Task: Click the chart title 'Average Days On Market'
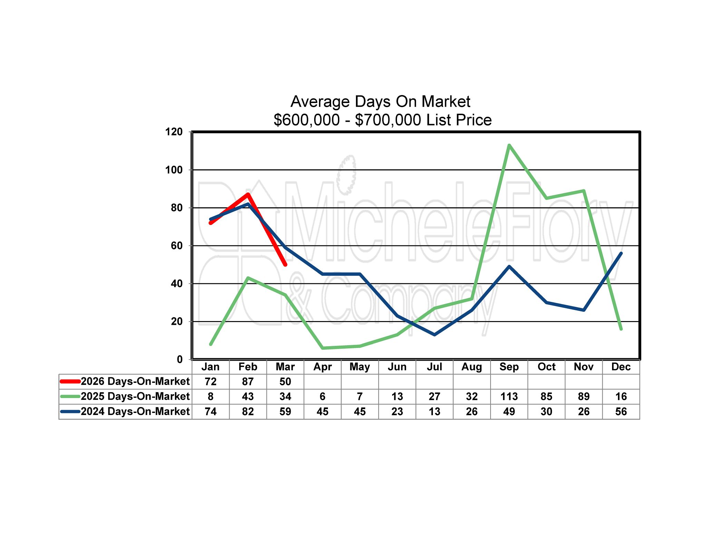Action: click(x=380, y=102)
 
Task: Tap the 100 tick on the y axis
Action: click(x=174, y=170)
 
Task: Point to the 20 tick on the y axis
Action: click(x=176, y=321)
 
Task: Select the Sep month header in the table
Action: click(x=509, y=367)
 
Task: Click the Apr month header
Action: click(x=322, y=367)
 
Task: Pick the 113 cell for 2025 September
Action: click(x=509, y=396)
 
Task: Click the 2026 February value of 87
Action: click(x=248, y=381)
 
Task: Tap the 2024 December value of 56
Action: click(x=621, y=412)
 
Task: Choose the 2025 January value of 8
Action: click(x=211, y=396)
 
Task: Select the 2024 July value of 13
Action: click(x=434, y=412)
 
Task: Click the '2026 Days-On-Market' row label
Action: click(x=135, y=381)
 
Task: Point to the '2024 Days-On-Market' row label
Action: click(x=135, y=412)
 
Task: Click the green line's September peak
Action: click(x=509, y=145)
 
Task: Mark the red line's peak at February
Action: click(x=248, y=194)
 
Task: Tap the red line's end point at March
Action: click(x=285, y=265)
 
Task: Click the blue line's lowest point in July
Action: click(x=434, y=334)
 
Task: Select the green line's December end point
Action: click(x=621, y=329)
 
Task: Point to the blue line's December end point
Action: click(x=621, y=253)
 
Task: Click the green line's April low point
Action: click(x=323, y=348)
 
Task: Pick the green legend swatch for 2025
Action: click(x=70, y=396)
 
